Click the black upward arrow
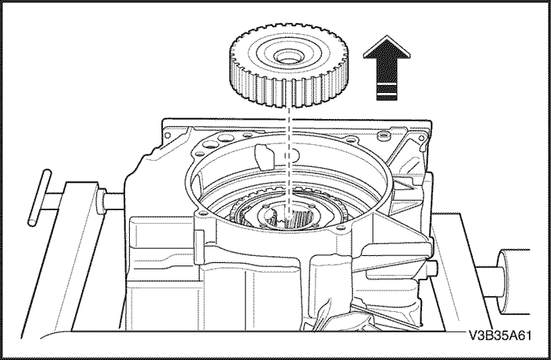point(386,68)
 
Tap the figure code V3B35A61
point(500,336)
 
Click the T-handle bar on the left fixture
point(39,198)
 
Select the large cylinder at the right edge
point(514,281)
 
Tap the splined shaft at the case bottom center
point(290,218)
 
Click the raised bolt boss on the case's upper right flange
point(384,135)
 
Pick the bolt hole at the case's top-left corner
point(167,135)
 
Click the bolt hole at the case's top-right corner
point(422,139)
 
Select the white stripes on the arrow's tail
point(386,89)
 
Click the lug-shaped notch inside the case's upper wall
point(264,156)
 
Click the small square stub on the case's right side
point(433,269)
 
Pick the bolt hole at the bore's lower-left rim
point(201,213)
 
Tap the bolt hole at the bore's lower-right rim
point(338,228)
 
